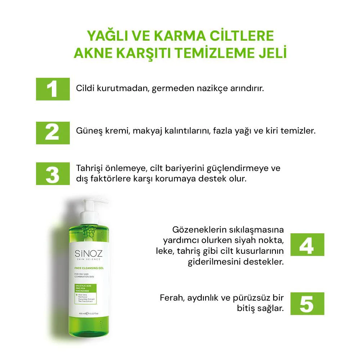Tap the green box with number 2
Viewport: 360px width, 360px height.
(x=53, y=132)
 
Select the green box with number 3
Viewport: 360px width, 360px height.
(x=53, y=174)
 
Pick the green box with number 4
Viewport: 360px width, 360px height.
(x=307, y=244)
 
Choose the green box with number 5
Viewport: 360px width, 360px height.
(x=307, y=303)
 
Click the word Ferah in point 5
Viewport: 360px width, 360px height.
(x=171, y=298)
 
